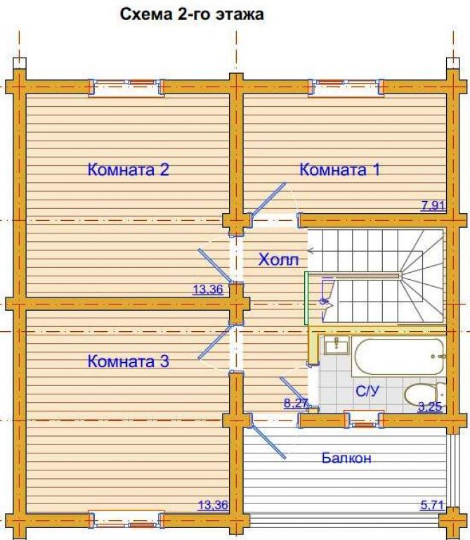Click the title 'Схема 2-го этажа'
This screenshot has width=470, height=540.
coord(192,15)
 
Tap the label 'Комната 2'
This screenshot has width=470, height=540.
coord(129,169)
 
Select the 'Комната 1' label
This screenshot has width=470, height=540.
coord(340,169)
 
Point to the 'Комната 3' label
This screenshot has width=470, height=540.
coord(129,361)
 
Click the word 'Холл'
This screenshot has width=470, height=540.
coord(278,259)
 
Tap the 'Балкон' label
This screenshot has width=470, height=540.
coord(346,458)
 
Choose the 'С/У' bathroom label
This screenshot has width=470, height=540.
coord(367,391)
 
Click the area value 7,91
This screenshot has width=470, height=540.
coord(433,205)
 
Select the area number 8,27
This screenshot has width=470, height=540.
coord(296,403)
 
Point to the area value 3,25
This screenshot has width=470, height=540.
coord(430,406)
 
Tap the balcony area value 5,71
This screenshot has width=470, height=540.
coord(432,506)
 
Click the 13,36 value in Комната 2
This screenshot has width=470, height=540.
coord(208,289)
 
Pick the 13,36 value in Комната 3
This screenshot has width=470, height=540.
coord(213,506)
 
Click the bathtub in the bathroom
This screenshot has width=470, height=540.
coord(398,357)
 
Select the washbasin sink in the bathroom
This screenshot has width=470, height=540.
coord(337,345)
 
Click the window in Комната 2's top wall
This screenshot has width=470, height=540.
coord(126,88)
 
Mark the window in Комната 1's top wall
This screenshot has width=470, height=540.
coord(346,88)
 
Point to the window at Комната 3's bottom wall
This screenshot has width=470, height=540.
coord(126,521)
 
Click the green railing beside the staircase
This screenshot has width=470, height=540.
coord(306,298)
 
